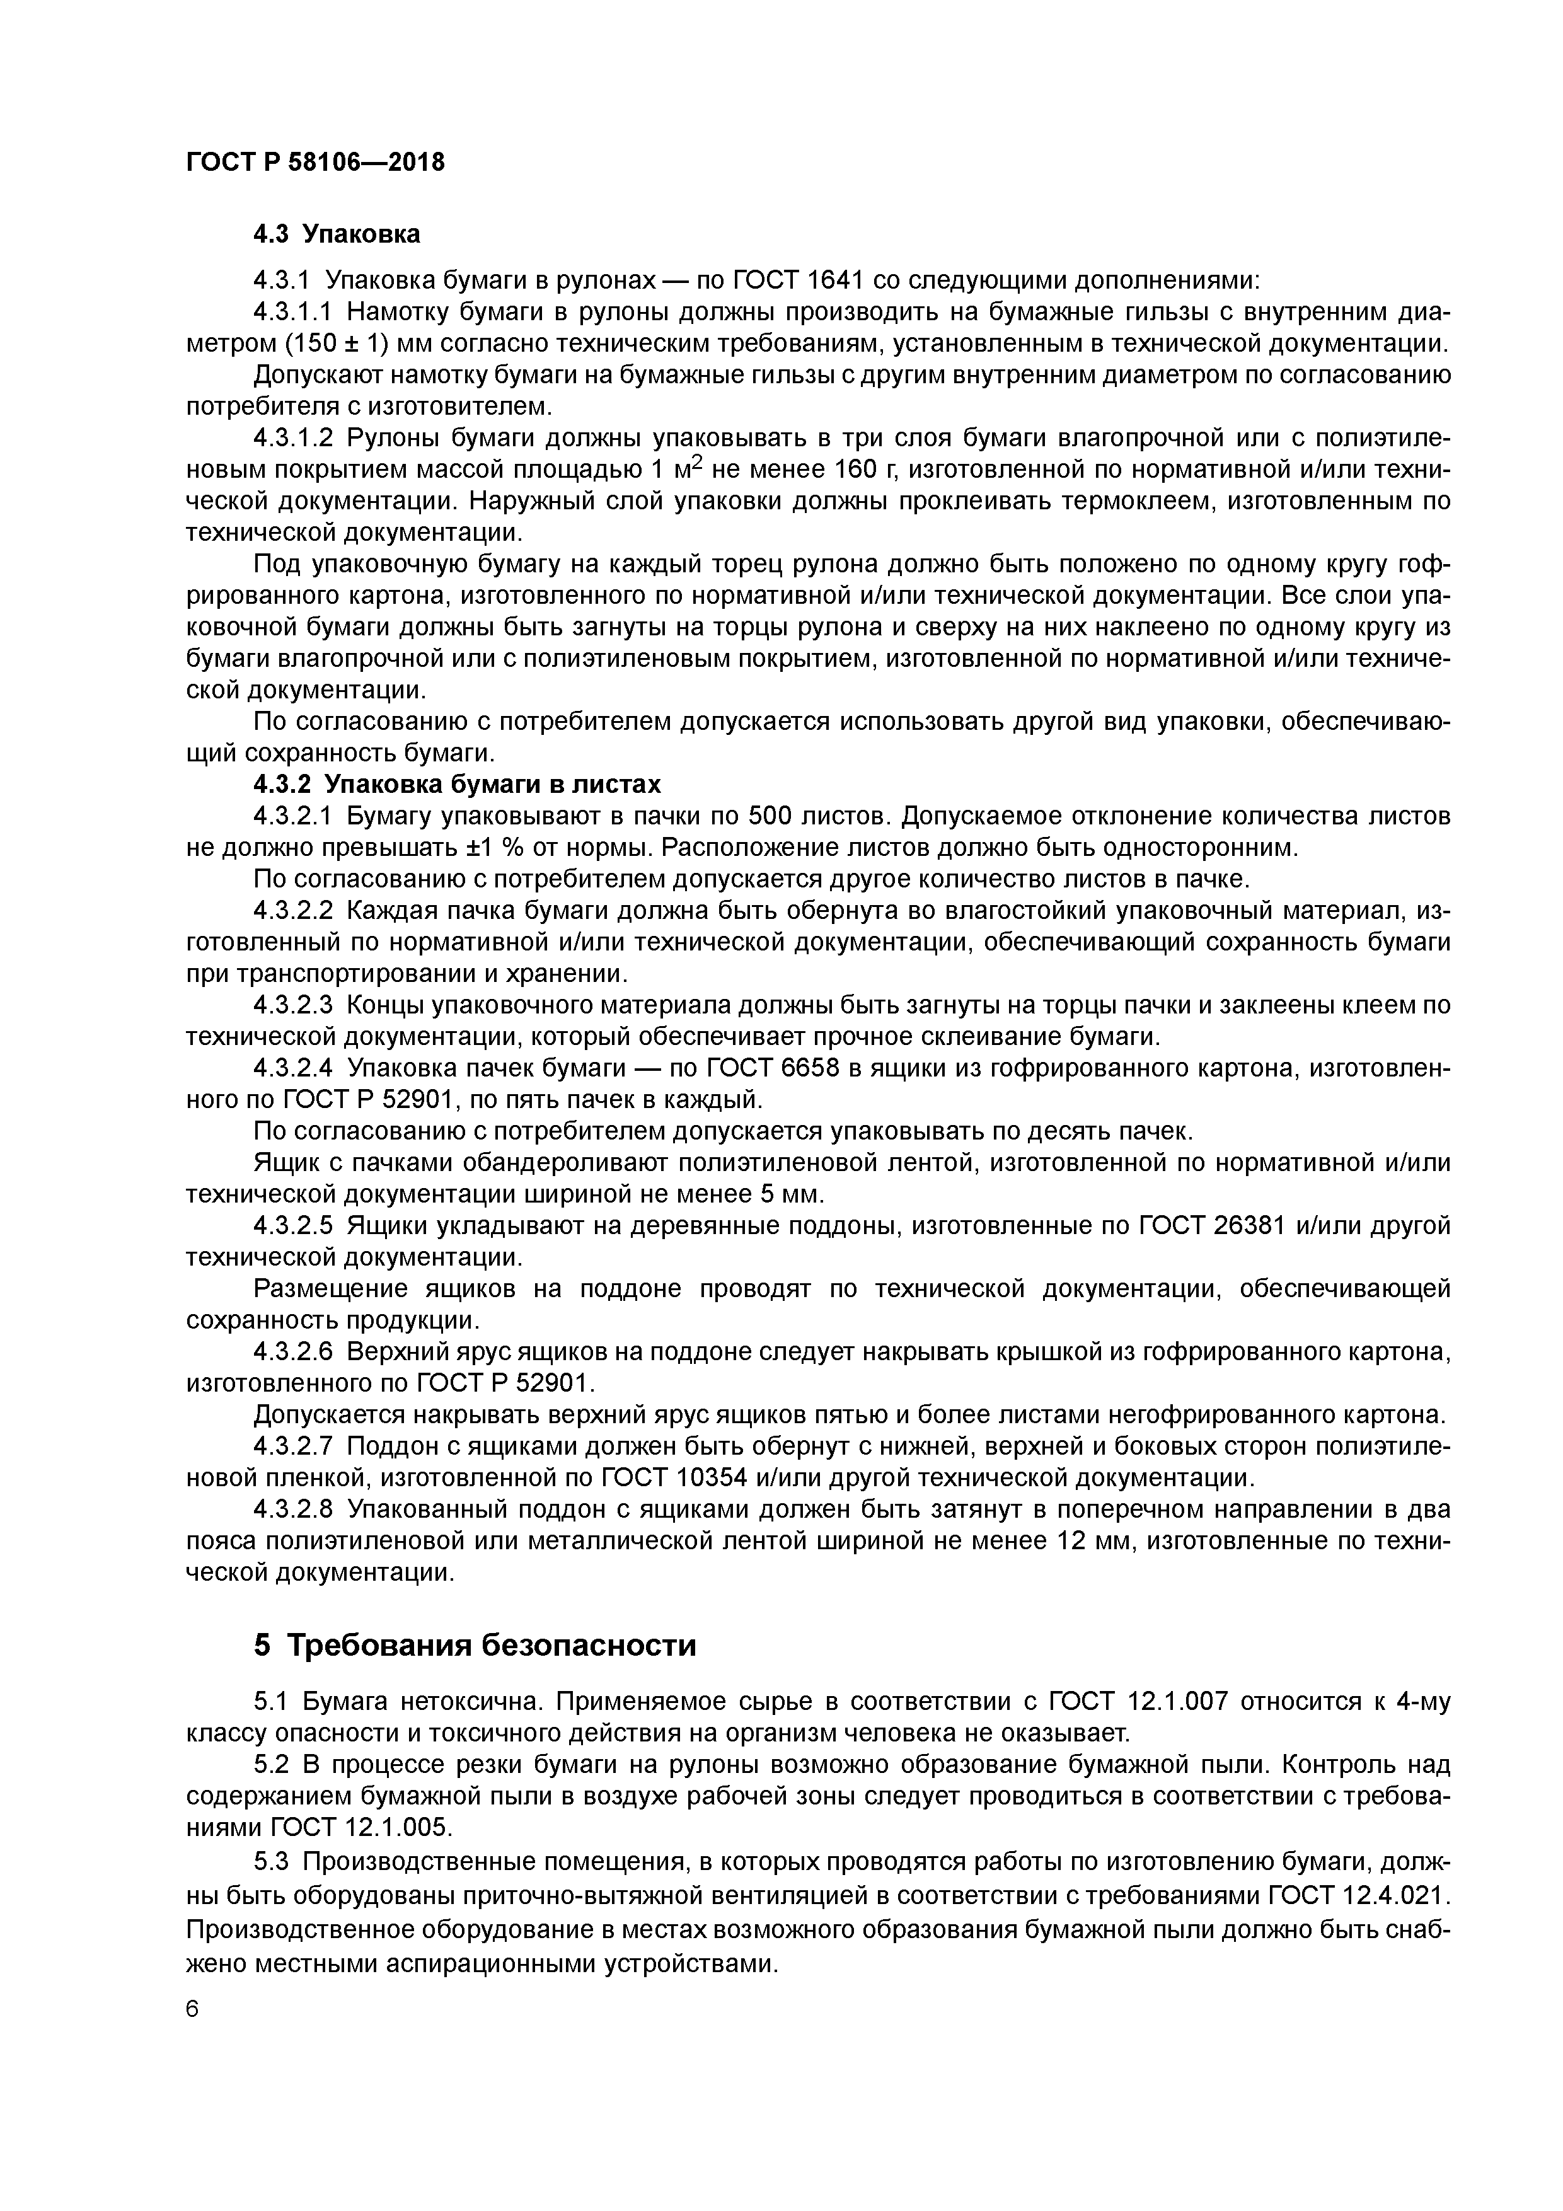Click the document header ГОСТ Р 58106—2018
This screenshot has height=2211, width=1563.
pyautogui.click(x=315, y=163)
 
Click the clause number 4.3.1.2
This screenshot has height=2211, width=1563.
pyautogui.click(x=293, y=438)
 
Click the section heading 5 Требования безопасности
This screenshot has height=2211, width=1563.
pyautogui.click(x=475, y=1646)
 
